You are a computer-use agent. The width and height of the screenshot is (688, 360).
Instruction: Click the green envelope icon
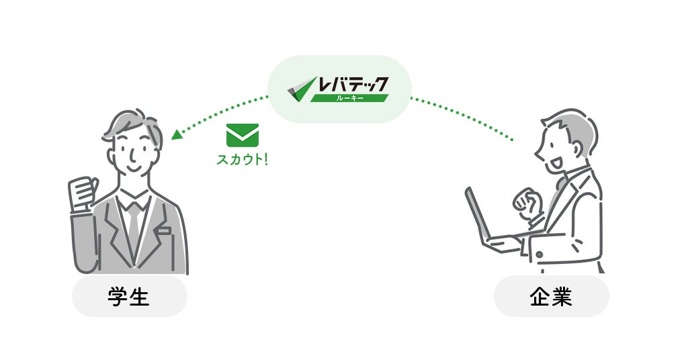[243, 135]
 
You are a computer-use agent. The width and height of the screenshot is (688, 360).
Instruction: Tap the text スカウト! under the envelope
[242, 161]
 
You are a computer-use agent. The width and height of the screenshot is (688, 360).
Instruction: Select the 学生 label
[129, 297]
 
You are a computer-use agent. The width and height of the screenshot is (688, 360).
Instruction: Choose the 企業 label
[551, 297]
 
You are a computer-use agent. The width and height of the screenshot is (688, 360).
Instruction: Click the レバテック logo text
[353, 85]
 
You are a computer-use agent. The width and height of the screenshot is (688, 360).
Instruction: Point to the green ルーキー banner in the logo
[349, 98]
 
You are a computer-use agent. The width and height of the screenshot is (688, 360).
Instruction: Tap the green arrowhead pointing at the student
[176, 134]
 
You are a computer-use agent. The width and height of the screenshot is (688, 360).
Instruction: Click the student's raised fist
[83, 193]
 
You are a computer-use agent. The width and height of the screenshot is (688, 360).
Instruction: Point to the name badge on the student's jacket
[164, 230]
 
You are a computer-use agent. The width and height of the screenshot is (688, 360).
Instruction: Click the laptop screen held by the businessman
[478, 215]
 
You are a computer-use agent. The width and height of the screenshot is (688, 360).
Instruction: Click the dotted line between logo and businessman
[464, 118]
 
